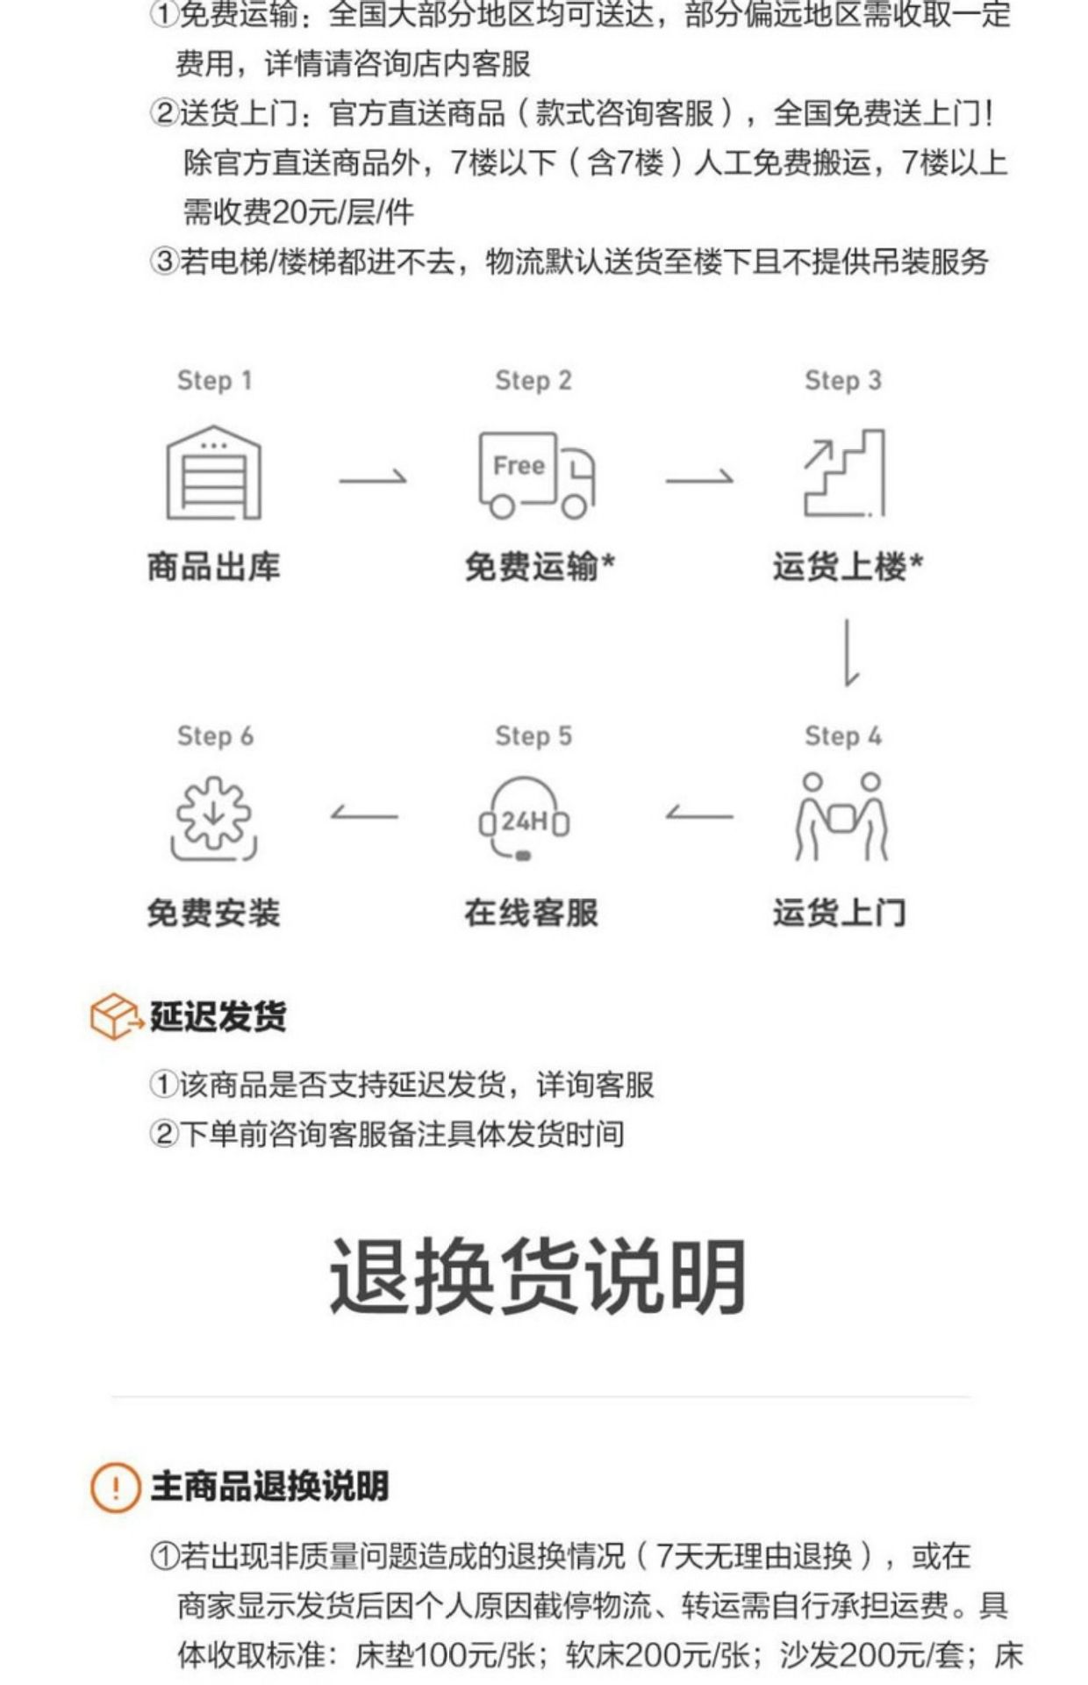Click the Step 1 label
[x=214, y=380]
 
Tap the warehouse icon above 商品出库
[x=214, y=473]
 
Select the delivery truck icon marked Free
[x=535, y=475]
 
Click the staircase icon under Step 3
[x=844, y=473]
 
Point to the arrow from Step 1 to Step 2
[x=373, y=478]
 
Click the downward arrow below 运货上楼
[x=848, y=652]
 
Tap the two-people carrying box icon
[x=841, y=816]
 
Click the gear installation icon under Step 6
[x=214, y=818]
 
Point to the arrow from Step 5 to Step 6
[x=364, y=815]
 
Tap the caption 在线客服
[x=532, y=913]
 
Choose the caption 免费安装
[x=214, y=913]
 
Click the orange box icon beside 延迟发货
[x=115, y=1016]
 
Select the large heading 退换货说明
[x=538, y=1276]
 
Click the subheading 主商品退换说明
[x=269, y=1487]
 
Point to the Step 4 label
[x=843, y=735]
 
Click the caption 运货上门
[x=840, y=913]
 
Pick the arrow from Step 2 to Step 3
[x=699, y=478]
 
